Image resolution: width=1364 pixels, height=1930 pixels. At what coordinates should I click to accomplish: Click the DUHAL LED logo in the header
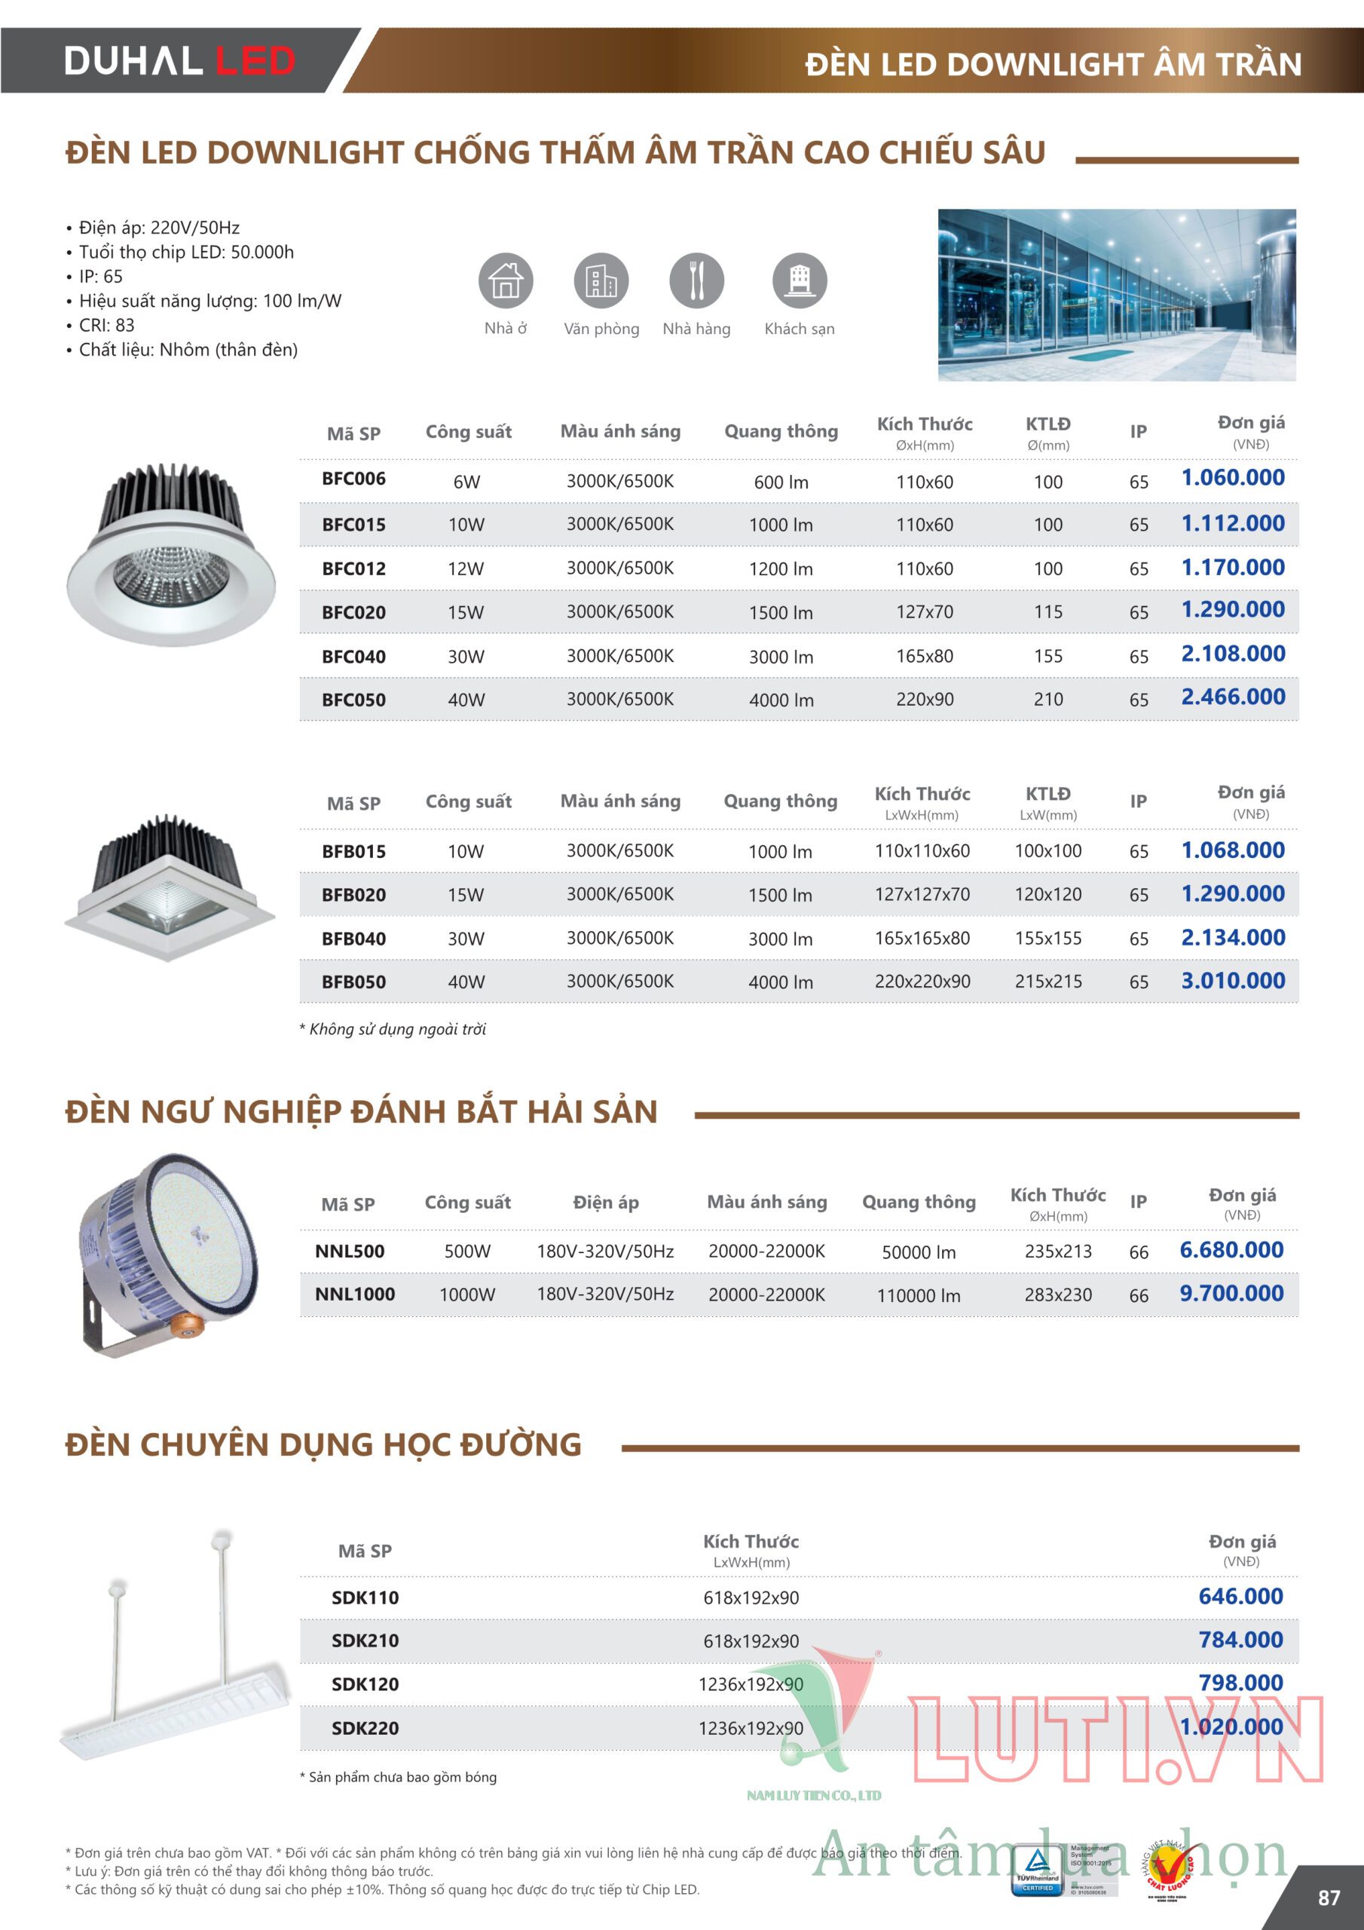(179, 60)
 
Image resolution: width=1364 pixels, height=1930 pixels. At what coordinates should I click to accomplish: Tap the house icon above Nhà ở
(505, 280)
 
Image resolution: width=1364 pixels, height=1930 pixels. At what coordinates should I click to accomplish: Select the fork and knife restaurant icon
(696, 280)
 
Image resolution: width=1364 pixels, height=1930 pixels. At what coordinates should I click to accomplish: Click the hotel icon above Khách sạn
(800, 280)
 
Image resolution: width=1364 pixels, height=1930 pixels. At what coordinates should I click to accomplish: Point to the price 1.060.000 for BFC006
(1232, 477)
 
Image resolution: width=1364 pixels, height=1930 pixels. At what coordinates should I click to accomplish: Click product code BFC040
(354, 657)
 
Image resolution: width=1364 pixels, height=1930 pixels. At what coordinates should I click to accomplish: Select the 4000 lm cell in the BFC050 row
(781, 700)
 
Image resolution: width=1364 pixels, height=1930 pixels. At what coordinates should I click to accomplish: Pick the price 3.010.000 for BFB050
(1232, 980)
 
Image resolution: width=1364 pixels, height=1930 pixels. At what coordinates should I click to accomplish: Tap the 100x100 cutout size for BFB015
(1048, 850)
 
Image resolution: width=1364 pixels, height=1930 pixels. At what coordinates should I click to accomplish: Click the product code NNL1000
(355, 1294)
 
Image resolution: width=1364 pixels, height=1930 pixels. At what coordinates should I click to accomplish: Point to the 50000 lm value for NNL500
(919, 1251)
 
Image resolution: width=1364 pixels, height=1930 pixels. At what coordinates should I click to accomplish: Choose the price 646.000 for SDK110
(1240, 1596)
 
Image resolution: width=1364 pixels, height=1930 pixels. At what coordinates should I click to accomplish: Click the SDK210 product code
(365, 1640)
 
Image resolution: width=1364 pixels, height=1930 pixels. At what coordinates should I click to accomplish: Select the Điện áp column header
(605, 1202)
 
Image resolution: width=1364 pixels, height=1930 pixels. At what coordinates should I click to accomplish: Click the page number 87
(1329, 1898)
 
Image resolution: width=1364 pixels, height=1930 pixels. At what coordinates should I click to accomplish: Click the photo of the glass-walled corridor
(1116, 295)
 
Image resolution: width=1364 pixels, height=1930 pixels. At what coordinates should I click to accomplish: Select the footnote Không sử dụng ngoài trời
(393, 1029)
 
